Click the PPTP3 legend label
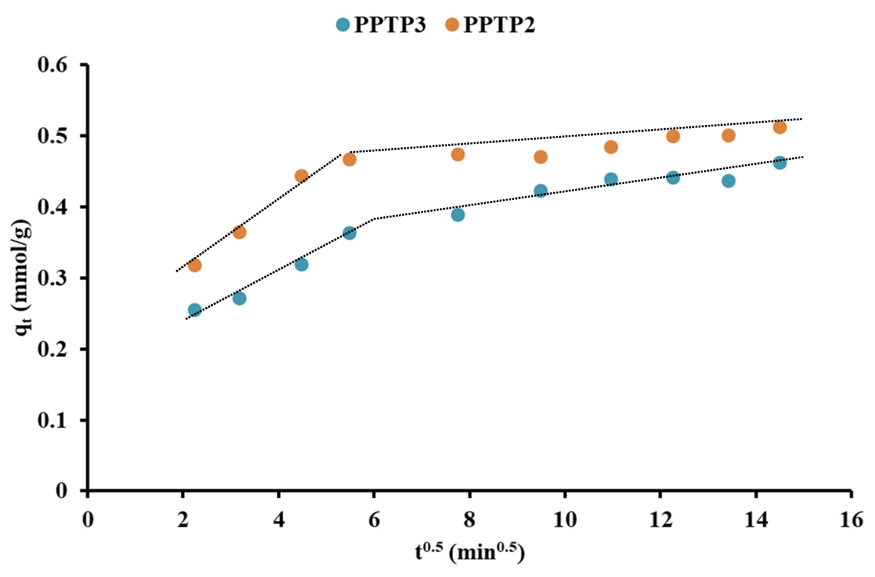[x=389, y=25]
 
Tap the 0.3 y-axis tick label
[x=52, y=278]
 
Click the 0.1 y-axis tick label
[x=52, y=420]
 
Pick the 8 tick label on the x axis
[x=470, y=519]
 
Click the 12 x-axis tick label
[x=660, y=519]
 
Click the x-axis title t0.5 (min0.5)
[x=470, y=552]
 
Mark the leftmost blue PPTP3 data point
[x=195, y=310]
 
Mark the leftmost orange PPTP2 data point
[x=195, y=265]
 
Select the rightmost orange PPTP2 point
[x=780, y=127]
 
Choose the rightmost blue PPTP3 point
[x=780, y=163]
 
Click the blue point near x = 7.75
[x=458, y=214]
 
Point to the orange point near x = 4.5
[x=301, y=176]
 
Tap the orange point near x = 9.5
[x=540, y=157]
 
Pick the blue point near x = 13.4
[x=728, y=181]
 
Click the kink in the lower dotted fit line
[x=375, y=219]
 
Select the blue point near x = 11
[x=611, y=179]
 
